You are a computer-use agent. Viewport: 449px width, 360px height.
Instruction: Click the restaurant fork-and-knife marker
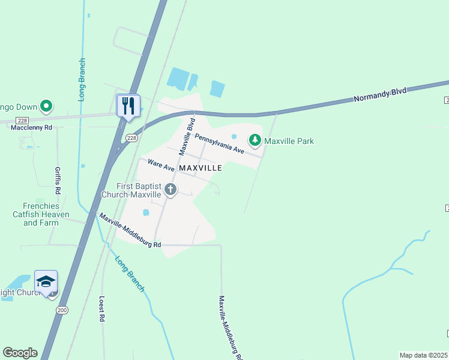coord(128,106)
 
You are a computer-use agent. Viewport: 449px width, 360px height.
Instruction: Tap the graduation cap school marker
coord(46,281)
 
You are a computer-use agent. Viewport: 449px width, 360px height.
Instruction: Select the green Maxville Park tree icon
coord(255,140)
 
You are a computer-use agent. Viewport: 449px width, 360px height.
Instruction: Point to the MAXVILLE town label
coord(200,169)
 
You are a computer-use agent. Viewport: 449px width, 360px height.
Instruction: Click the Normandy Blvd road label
coord(380,94)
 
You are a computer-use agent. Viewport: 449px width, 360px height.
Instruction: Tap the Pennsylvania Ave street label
coord(219,143)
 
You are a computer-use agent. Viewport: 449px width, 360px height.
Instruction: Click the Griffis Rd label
coord(58,181)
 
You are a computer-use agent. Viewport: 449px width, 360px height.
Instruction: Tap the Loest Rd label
coord(102,310)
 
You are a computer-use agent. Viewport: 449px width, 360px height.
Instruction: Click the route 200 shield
coord(62,309)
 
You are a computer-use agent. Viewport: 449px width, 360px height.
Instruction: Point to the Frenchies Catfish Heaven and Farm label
coord(41,214)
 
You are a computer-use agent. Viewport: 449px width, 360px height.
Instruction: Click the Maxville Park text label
coord(289,142)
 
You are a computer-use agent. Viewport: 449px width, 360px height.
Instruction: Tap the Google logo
coord(20,353)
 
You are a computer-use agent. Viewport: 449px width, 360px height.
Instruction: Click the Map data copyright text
coord(424,355)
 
